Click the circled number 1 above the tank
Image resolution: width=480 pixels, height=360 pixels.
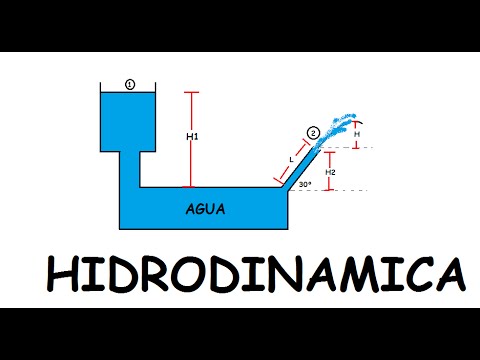tap(130, 85)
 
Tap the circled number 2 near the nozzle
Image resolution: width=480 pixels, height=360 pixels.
tap(313, 132)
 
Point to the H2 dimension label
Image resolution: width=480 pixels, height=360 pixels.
tap(331, 172)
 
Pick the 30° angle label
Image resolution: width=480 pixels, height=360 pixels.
tap(304, 184)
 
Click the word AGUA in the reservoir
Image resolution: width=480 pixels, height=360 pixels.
tap(205, 210)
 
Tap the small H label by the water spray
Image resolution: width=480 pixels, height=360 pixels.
tap(358, 133)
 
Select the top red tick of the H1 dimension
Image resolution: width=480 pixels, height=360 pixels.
tap(193, 93)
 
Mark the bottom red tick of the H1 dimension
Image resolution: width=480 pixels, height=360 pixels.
tap(193, 186)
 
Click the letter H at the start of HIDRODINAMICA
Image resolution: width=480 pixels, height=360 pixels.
tap(62, 276)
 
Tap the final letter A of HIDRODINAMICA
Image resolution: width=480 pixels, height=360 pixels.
tap(448, 276)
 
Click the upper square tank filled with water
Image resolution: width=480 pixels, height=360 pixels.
tap(130, 120)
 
